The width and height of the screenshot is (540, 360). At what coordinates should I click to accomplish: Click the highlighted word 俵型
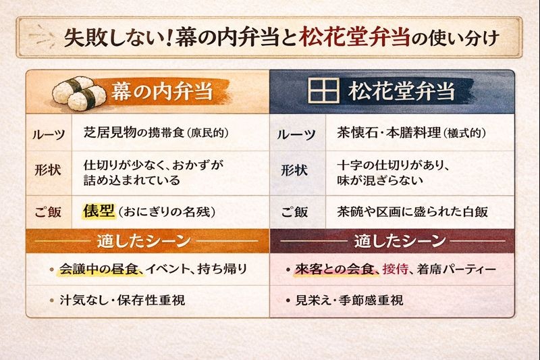[99, 211]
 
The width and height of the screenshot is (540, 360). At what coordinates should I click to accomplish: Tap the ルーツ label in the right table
[296, 134]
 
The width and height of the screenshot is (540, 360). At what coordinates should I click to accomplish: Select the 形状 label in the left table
[47, 170]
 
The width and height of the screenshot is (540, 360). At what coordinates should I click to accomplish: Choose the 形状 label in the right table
[295, 170]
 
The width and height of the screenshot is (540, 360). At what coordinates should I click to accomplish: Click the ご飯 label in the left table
[47, 211]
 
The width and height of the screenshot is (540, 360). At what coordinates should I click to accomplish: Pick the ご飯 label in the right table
[295, 211]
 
